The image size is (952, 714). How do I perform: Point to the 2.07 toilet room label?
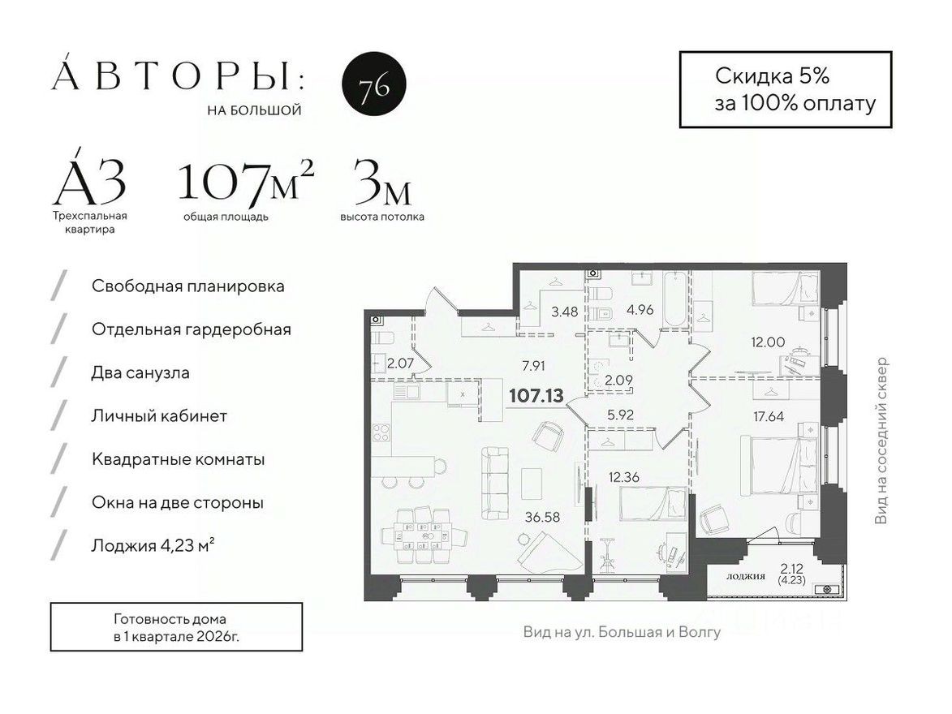tap(400, 363)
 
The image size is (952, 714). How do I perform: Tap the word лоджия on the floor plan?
tap(745, 576)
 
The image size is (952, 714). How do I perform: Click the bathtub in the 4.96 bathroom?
tap(673, 301)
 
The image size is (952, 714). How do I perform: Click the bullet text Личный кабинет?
tap(159, 416)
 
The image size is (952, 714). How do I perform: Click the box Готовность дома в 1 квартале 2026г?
tap(176, 627)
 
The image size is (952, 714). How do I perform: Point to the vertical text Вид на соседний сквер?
tap(881, 441)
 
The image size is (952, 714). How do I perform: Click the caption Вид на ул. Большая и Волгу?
tap(622, 631)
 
